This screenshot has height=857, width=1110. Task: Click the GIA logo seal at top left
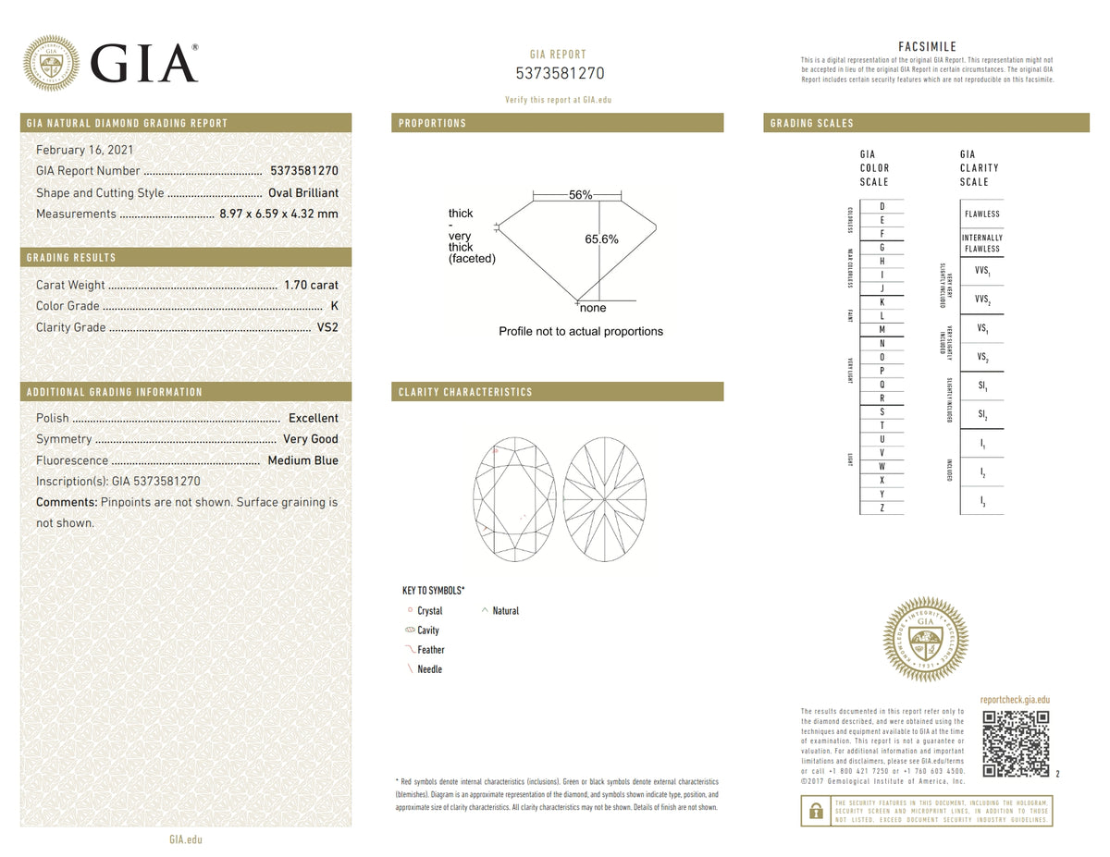[x=51, y=63]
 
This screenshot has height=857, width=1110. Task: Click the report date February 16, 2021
[x=83, y=150]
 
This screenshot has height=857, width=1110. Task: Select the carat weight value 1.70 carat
[x=311, y=285]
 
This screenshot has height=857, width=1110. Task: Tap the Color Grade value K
[x=334, y=306]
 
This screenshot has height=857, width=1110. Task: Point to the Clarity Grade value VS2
[x=327, y=327]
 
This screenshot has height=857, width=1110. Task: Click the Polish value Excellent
[x=313, y=418]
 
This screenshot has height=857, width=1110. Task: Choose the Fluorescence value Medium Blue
[x=302, y=460]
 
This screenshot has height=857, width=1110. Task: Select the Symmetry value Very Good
[x=311, y=439]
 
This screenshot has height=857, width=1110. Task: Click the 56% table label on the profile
[x=580, y=195]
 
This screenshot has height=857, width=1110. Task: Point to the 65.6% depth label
[x=601, y=239]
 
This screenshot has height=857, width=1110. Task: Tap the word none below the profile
[x=593, y=308]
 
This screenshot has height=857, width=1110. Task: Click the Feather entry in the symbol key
[x=430, y=650]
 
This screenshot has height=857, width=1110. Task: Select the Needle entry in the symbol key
[x=429, y=669]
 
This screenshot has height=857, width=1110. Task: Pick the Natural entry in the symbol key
[x=505, y=611]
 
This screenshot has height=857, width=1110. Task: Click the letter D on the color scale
[x=882, y=206]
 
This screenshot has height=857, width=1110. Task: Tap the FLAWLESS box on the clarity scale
[x=981, y=214]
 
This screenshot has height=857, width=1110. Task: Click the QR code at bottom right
[x=1015, y=744]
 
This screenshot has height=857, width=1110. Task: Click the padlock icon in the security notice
[x=815, y=811]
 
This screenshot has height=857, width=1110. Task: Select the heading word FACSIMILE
[x=927, y=47]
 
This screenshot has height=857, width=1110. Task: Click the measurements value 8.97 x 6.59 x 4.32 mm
[x=278, y=214]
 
